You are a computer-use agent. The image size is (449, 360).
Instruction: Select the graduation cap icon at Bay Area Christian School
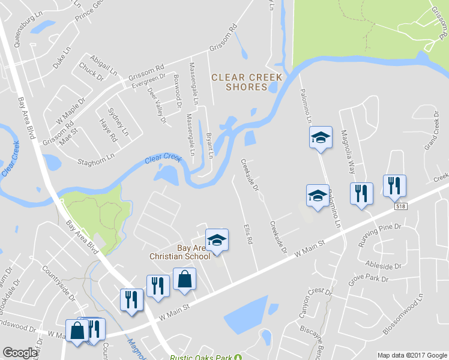(217, 240)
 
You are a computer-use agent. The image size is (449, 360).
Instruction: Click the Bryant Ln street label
(209, 146)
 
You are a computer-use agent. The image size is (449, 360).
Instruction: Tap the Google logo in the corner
(20, 353)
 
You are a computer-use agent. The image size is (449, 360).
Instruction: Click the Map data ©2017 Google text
(411, 355)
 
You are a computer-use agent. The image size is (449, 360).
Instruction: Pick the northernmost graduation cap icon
(321, 138)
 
